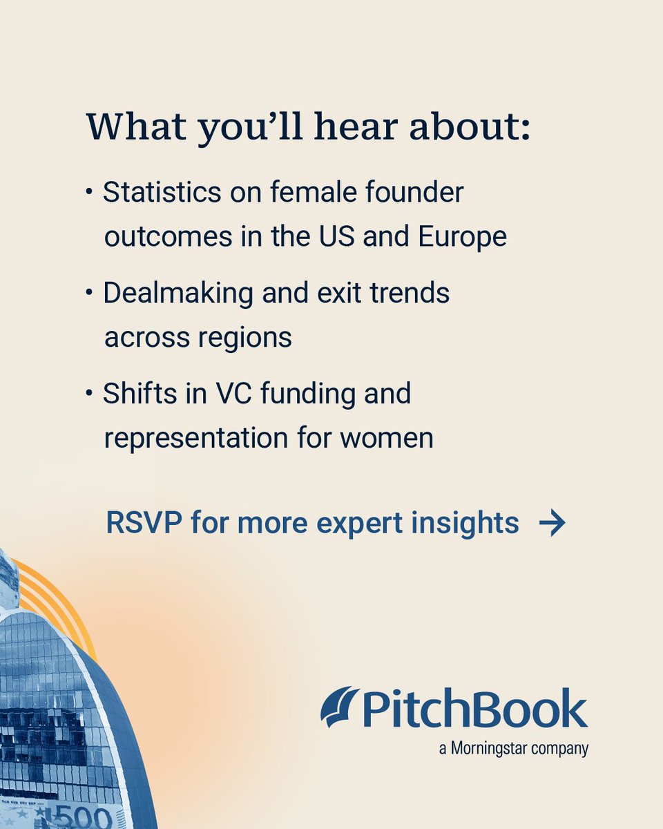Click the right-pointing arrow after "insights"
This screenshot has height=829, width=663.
coord(552,524)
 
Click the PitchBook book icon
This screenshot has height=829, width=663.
coord(340,707)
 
